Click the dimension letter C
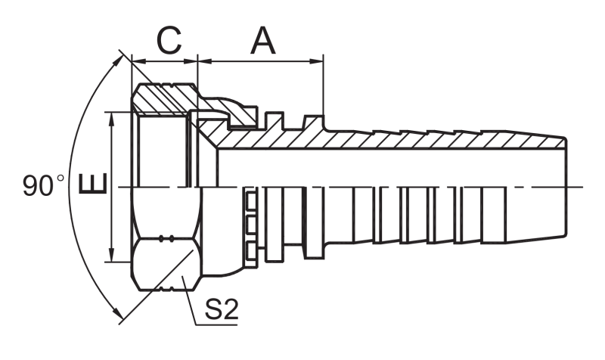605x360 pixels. [x=169, y=41]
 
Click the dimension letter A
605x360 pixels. [x=263, y=41]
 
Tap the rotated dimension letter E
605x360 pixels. [x=92, y=184]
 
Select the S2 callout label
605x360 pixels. [x=221, y=309]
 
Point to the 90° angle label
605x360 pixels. [x=43, y=185]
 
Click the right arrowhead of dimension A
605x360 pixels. [x=316, y=61]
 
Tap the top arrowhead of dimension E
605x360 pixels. [x=112, y=119]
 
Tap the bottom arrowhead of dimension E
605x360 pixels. [x=112, y=255]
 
